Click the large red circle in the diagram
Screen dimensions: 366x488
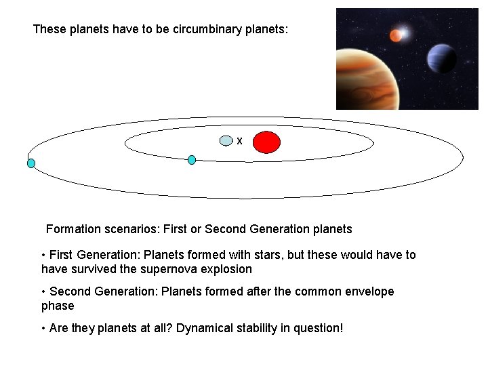point(267,142)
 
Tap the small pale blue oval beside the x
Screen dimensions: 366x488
point(226,141)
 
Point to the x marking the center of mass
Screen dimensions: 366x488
point(239,141)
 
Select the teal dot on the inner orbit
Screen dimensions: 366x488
point(192,160)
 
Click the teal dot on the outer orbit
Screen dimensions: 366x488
point(31,163)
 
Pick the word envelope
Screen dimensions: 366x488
point(365,291)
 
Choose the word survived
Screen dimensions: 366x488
point(89,269)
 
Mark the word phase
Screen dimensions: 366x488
point(58,306)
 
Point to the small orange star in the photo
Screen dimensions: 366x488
point(395,36)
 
